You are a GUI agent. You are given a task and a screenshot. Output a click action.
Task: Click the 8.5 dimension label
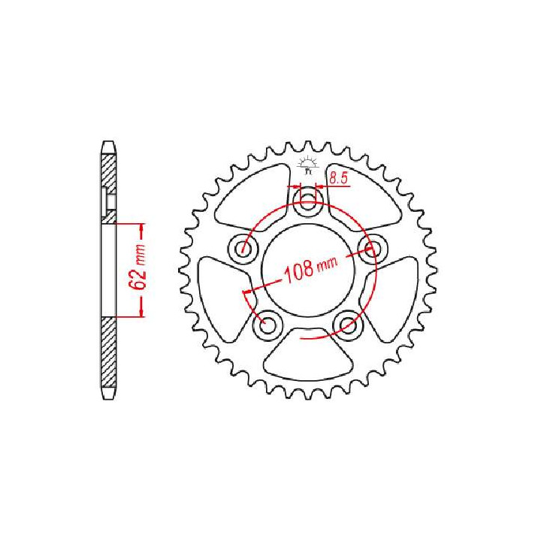(x=338, y=178)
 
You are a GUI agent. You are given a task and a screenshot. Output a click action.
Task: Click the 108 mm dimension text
(x=310, y=270)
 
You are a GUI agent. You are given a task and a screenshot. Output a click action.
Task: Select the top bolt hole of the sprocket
(x=308, y=203)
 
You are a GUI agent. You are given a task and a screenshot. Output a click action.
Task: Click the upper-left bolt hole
(x=243, y=248)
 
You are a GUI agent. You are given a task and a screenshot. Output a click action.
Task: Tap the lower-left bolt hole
(x=267, y=325)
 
